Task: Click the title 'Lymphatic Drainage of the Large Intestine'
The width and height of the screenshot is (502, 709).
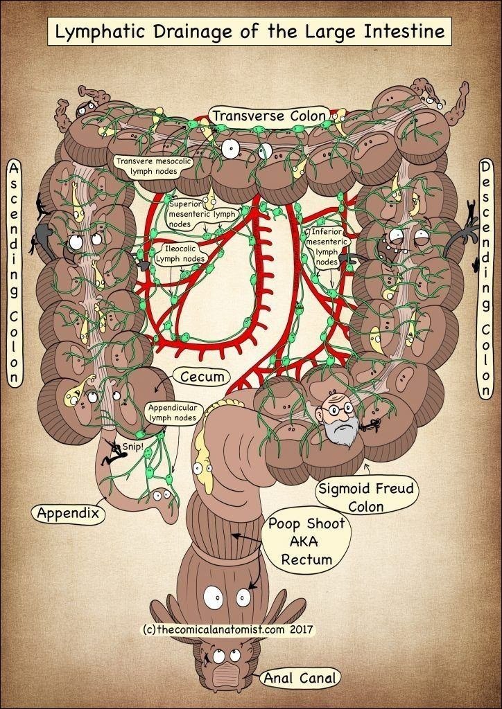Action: [x=250, y=31]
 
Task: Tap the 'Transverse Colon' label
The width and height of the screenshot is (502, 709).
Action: [x=268, y=116]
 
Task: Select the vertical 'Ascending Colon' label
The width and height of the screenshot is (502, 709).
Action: [x=13, y=273]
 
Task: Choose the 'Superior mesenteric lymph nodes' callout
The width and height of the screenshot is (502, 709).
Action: [x=202, y=215]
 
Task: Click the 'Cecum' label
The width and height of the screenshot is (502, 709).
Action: [x=202, y=377]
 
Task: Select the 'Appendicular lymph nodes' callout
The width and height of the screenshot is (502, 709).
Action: [x=172, y=413]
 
